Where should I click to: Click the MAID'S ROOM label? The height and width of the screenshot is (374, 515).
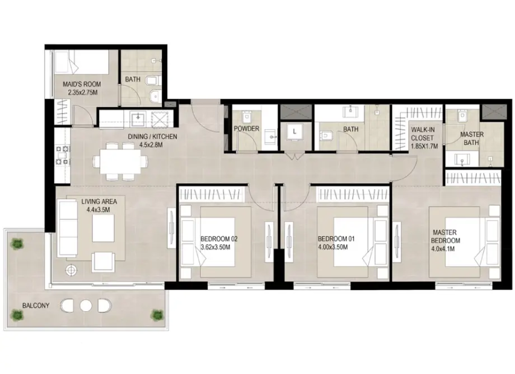pos(82,84)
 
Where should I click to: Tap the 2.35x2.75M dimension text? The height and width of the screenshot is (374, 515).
pos(83,92)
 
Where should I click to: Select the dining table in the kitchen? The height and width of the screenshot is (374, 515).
pos(120,161)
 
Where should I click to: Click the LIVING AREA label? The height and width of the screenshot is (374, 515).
pos(99,201)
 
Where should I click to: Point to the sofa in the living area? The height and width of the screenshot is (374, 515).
pos(68,229)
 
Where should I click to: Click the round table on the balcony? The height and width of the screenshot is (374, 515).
pos(86,306)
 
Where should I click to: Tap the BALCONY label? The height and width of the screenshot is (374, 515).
pos(36,305)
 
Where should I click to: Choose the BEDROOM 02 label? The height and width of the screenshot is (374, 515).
pos(219,239)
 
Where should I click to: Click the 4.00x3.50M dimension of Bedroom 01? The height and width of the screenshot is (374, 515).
pos(333,247)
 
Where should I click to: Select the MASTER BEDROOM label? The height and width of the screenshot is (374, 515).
pos(446,236)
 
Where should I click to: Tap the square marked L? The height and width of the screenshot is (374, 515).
pos(295,132)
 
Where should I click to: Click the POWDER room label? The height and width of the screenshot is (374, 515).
pos(246,129)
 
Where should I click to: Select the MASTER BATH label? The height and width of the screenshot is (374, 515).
pos(472,138)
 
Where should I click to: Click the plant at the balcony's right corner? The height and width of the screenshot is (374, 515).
pos(157,315)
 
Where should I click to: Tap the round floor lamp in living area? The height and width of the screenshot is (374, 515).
pos(71,271)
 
